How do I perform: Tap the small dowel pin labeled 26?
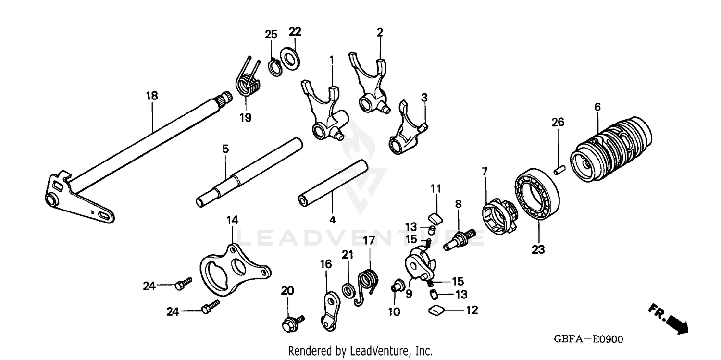(559, 171)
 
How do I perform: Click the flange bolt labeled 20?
(289, 323)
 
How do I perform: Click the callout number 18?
(152, 96)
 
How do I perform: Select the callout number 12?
(472, 310)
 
